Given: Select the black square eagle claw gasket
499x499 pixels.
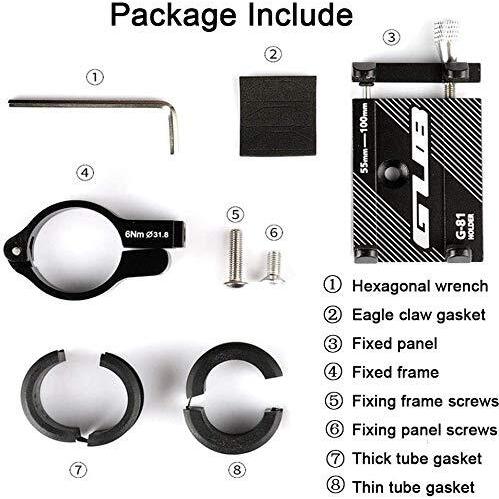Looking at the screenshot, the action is [x=278, y=116].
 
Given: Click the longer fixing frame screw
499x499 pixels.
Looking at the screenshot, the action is [x=236, y=258].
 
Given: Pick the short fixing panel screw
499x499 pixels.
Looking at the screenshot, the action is [x=273, y=267].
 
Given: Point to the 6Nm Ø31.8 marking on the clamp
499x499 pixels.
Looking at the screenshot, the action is [x=147, y=234].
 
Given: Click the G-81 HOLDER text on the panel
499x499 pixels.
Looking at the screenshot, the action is [x=465, y=226].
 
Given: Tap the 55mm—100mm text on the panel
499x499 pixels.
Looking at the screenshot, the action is [x=365, y=137].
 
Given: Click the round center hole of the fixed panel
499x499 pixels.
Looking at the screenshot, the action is [x=392, y=173].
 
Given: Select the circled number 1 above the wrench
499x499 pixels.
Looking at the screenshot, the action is [x=95, y=77].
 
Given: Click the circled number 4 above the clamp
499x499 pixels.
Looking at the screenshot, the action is [x=85, y=173].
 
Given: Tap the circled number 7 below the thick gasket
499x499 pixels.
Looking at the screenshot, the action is [x=78, y=470].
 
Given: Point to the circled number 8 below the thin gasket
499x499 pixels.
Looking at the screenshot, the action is [x=237, y=470].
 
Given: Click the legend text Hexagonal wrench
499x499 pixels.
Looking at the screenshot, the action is [x=420, y=286].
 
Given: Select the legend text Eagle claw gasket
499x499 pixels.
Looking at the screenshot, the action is [x=419, y=315].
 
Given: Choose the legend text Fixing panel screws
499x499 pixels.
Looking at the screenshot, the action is [x=425, y=430].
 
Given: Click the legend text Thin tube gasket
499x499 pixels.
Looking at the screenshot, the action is [x=413, y=487].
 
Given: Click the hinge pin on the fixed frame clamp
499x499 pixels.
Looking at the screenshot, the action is [x=15, y=251].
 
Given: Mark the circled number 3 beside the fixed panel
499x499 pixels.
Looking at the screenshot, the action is [x=391, y=37].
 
